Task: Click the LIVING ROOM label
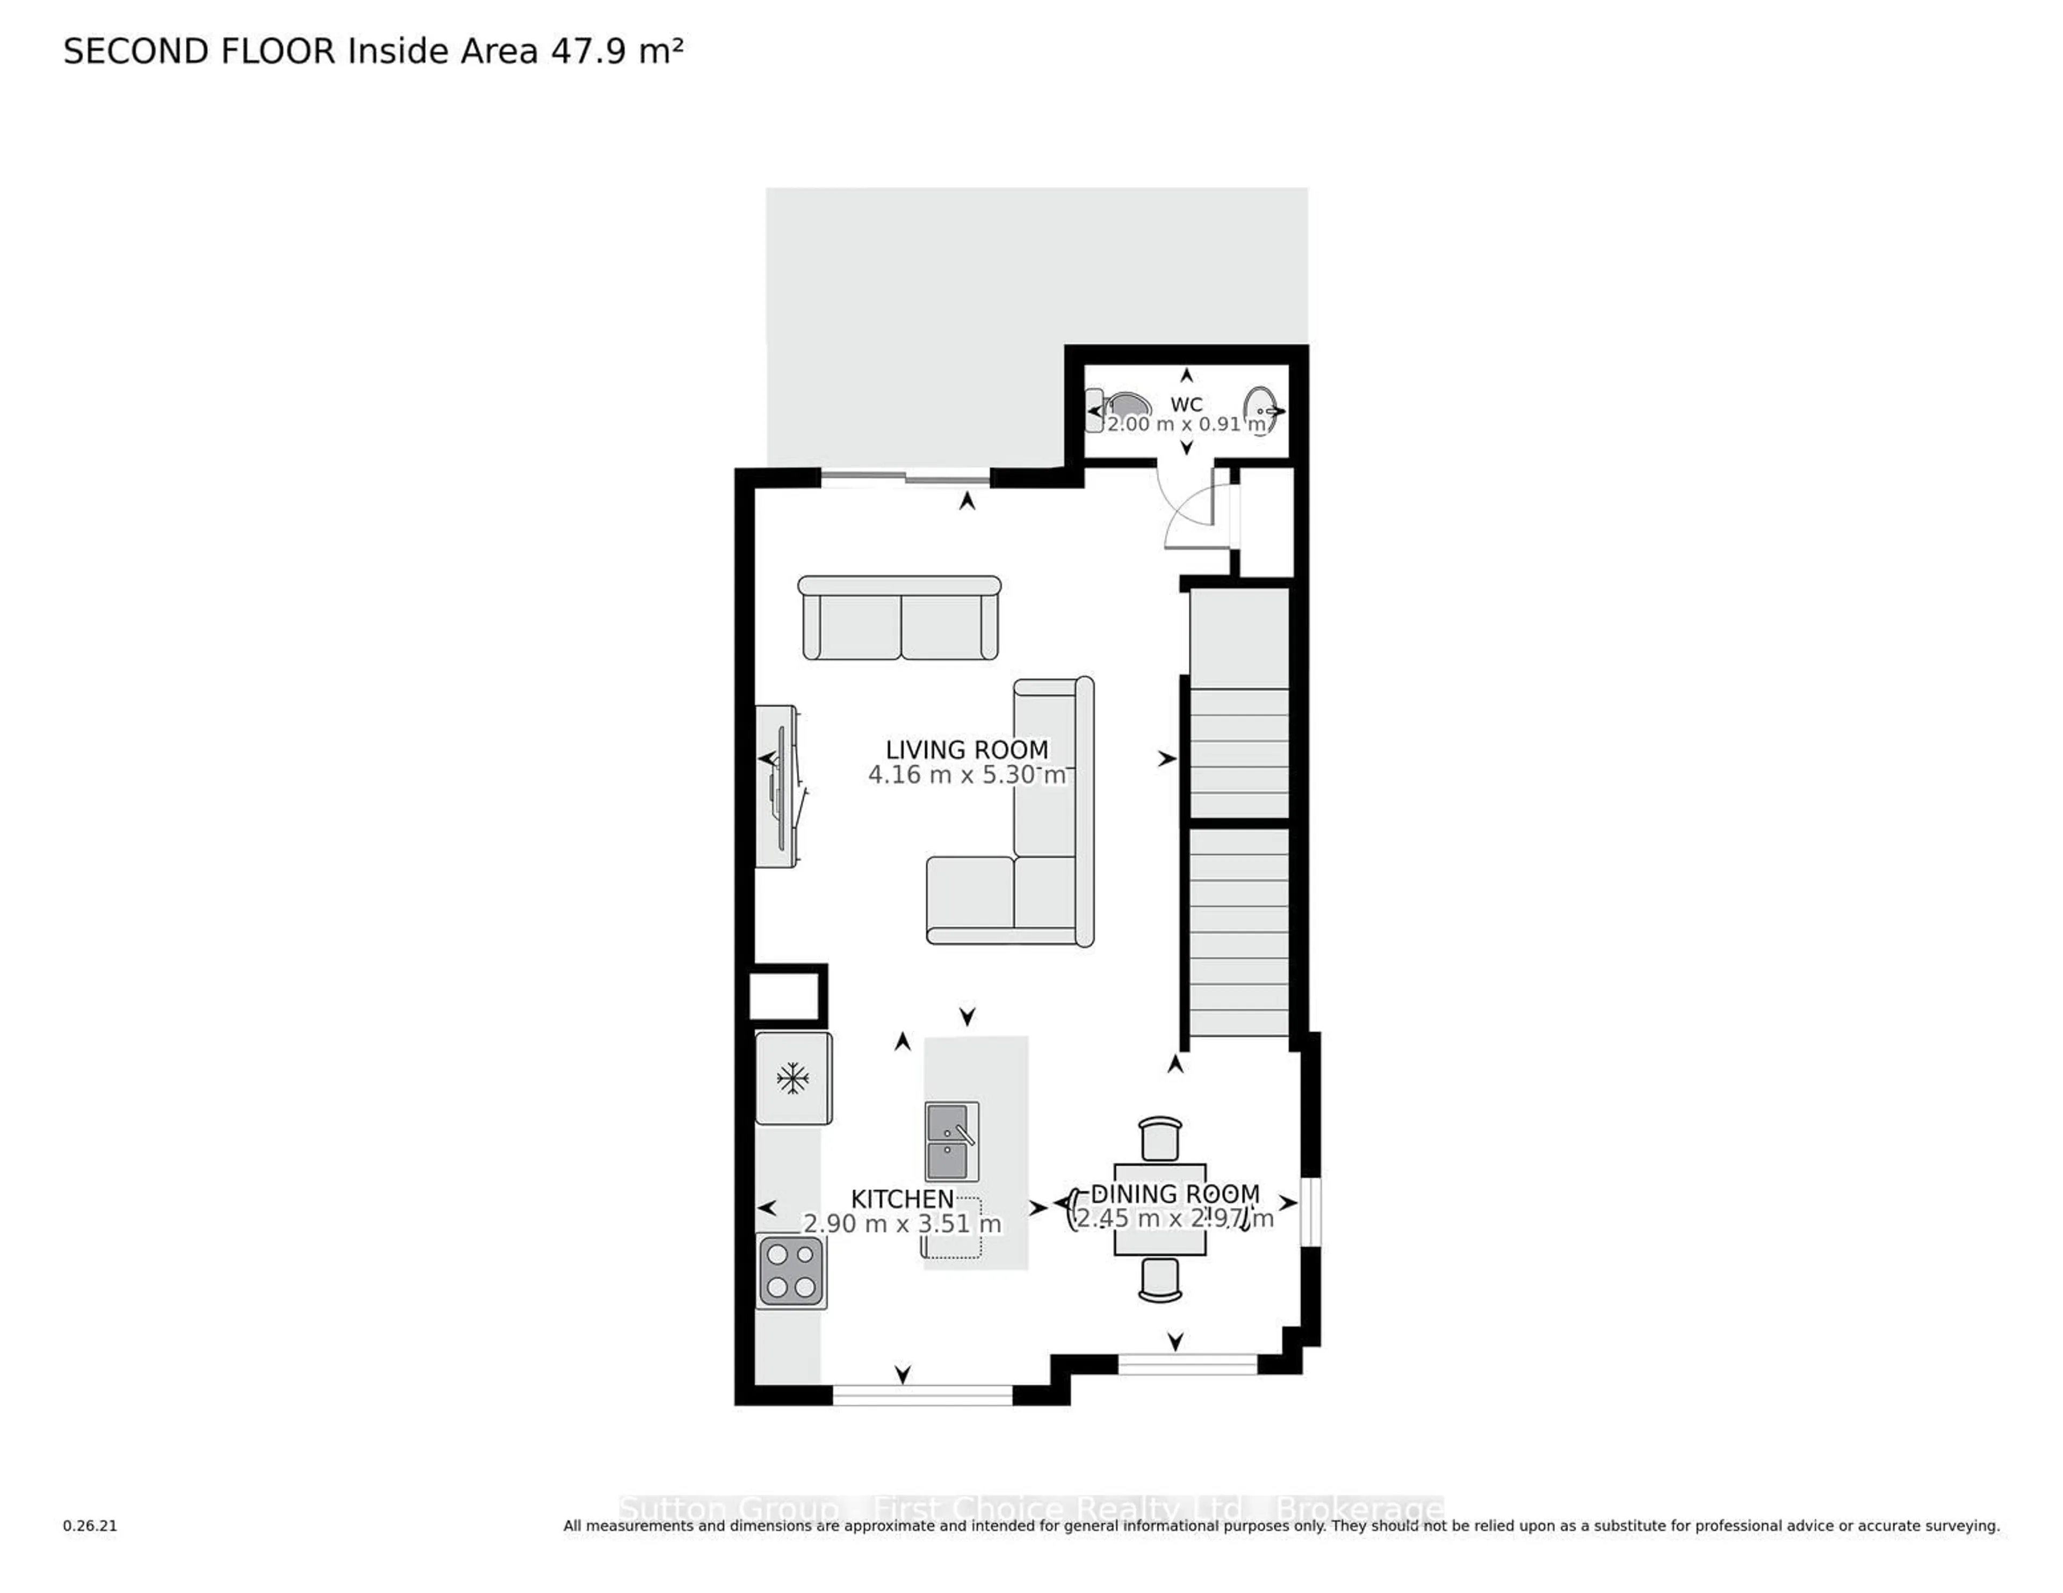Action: pyautogui.click(x=966, y=750)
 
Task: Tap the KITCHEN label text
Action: pyautogui.click(x=902, y=1199)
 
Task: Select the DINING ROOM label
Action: pyautogui.click(x=1175, y=1194)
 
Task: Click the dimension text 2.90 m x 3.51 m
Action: pyautogui.click(x=902, y=1224)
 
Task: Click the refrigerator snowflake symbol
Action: pyautogui.click(x=792, y=1078)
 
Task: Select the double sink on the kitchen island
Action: pyautogui.click(x=952, y=1141)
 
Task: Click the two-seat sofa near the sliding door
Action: pyautogui.click(x=899, y=619)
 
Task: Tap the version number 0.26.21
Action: pyautogui.click(x=90, y=1525)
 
